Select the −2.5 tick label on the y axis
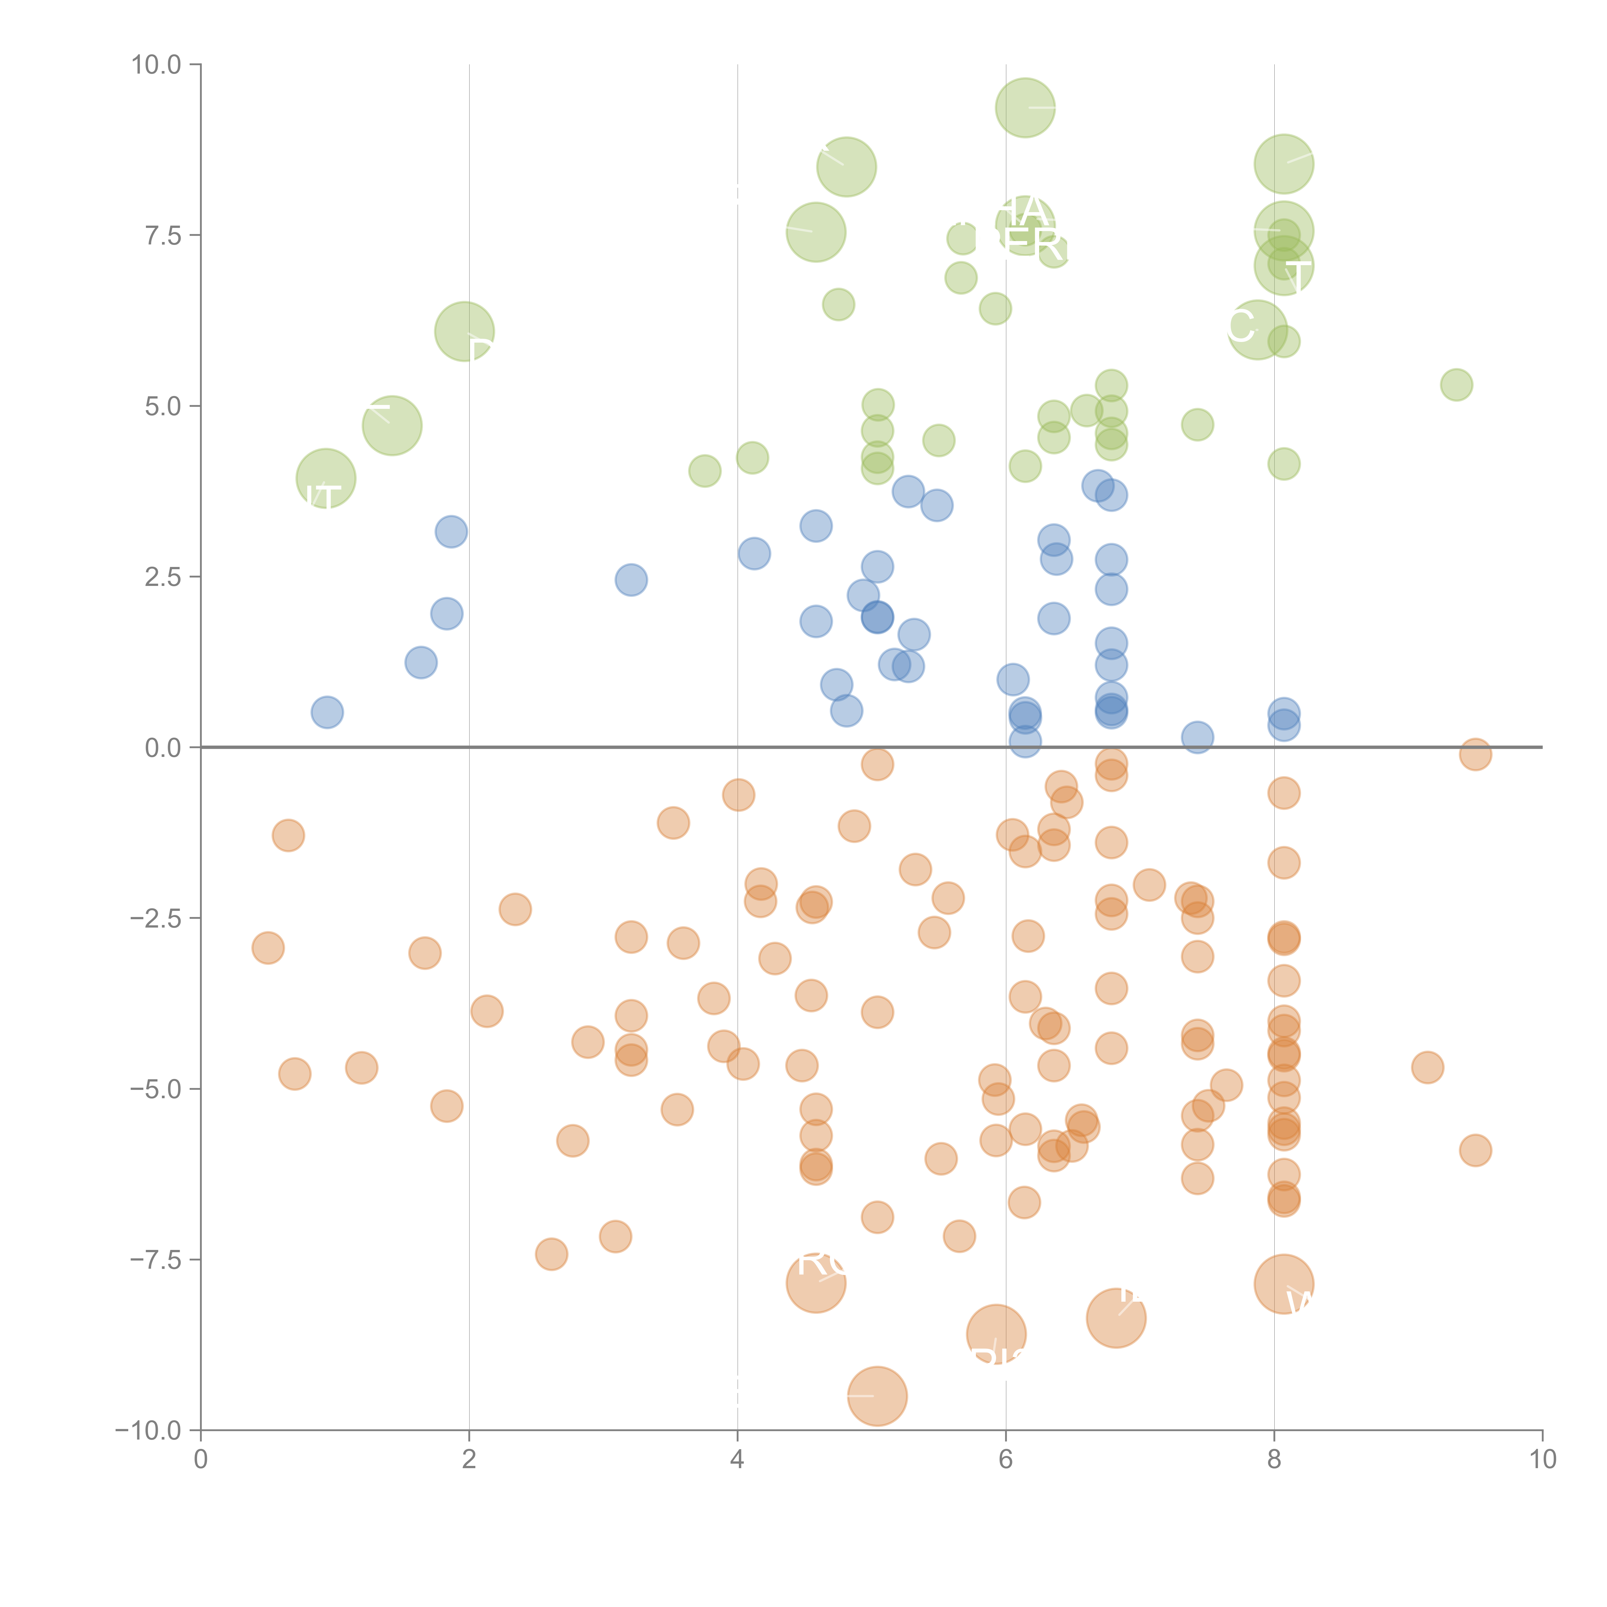(156, 918)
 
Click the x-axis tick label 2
(469, 1460)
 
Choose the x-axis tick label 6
(1006, 1460)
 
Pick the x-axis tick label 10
(1542, 1460)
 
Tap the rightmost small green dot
(1456, 384)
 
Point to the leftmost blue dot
(327, 712)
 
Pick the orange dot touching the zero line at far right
(1475, 754)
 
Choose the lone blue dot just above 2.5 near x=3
(631, 580)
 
